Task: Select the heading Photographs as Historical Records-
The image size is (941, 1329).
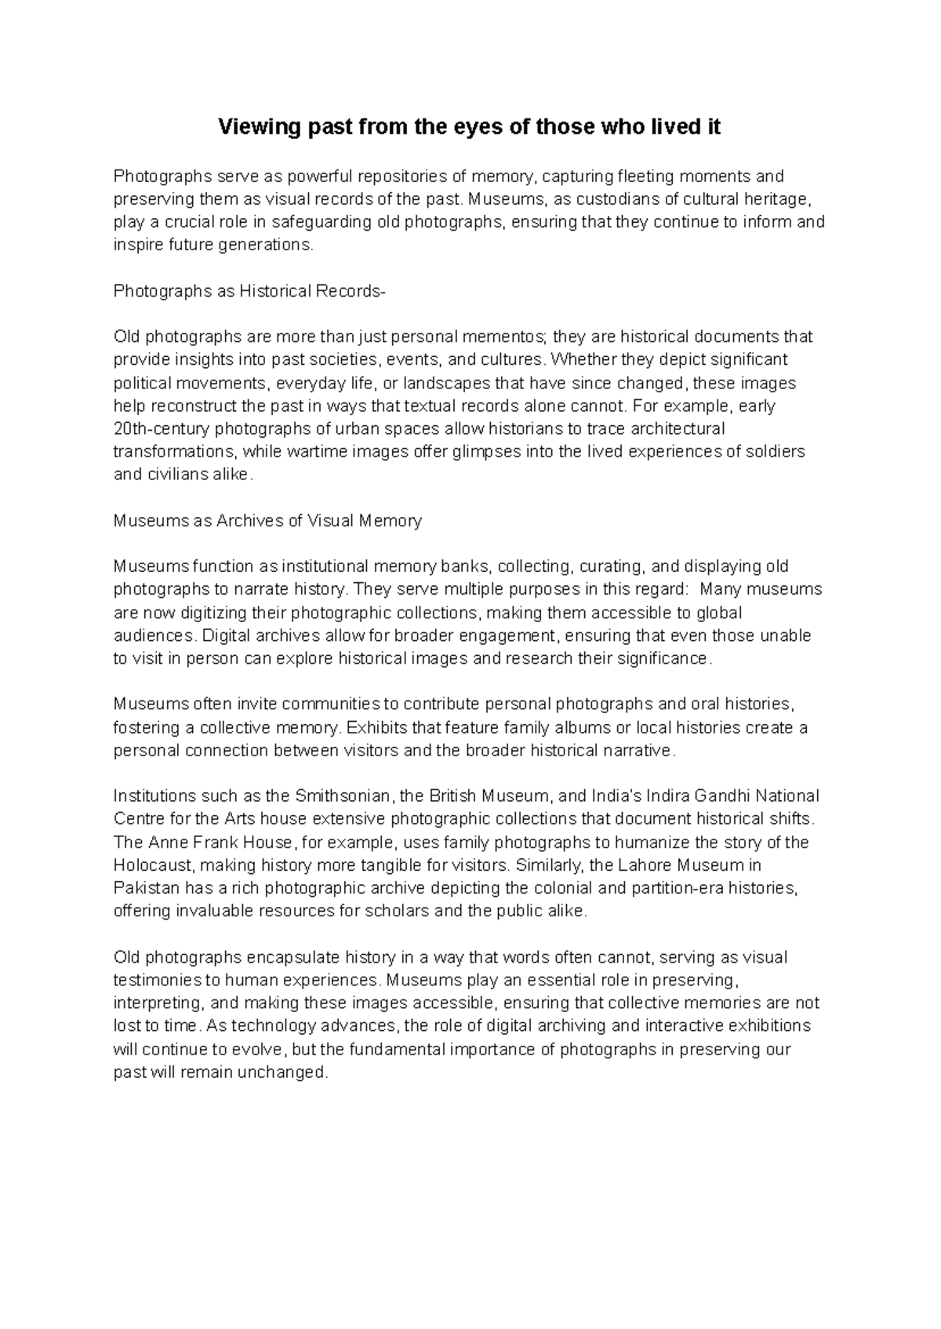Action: click(x=249, y=291)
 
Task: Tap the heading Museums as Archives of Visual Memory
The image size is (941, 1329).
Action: click(x=267, y=520)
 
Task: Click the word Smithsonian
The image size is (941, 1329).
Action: click(x=342, y=796)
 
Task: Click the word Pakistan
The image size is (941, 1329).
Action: click(x=147, y=888)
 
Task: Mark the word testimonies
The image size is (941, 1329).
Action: click(x=156, y=980)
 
